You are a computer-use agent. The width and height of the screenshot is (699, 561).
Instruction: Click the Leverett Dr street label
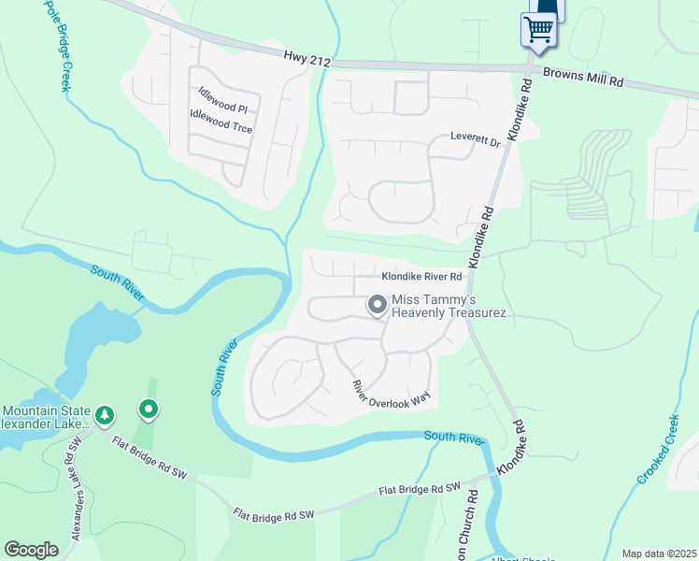pyautogui.click(x=477, y=137)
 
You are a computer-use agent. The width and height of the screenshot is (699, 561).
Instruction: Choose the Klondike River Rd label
pyautogui.click(x=421, y=277)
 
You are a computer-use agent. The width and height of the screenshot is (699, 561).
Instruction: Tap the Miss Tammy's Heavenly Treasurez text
pyautogui.click(x=449, y=306)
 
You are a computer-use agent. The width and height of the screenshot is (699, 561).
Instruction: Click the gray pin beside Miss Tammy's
pyautogui.click(x=378, y=305)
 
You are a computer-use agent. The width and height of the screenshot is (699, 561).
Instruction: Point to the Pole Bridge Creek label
pyautogui.click(x=54, y=46)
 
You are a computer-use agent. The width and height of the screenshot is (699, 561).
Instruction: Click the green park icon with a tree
pyautogui.click(x=106, y=413)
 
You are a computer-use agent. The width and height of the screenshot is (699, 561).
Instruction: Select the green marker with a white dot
pyautogui.click(x=148, y=410)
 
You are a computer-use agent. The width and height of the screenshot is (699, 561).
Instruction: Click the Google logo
pyautogui.click(x=32, y=550)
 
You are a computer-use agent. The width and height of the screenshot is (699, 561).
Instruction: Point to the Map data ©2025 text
pyautogui.click(x=659, y=554)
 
